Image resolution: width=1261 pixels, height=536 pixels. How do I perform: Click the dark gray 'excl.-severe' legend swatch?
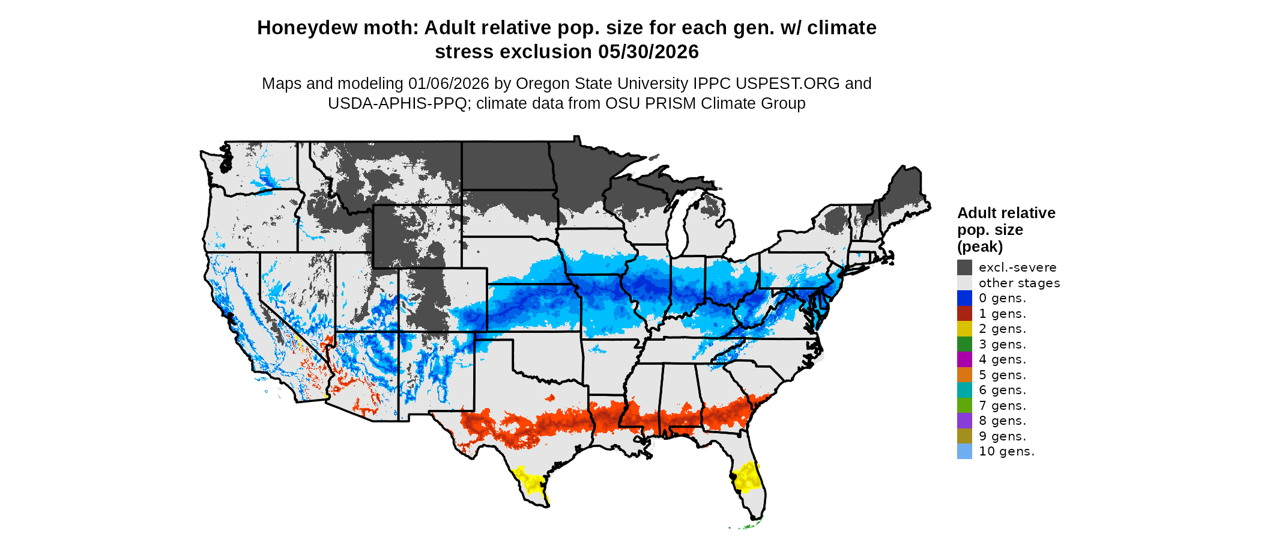964,267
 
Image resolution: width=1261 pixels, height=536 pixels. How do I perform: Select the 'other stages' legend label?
1019,283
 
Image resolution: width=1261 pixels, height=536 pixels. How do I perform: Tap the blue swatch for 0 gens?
964,298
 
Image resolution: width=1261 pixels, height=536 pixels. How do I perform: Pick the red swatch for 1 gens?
964,314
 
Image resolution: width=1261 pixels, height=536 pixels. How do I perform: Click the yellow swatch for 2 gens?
964,329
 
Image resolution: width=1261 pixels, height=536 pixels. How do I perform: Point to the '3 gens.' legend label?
1002,344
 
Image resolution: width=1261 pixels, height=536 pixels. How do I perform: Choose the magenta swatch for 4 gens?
964,359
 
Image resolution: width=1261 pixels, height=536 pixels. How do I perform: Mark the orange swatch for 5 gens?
964,375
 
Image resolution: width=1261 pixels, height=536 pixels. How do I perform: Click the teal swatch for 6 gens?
964,390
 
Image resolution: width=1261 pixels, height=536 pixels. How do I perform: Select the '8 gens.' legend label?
1002,421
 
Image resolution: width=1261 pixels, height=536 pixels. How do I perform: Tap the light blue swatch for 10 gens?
964,451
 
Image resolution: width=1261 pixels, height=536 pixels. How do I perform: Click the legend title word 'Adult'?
976,213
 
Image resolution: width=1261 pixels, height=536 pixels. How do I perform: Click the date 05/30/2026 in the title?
649,52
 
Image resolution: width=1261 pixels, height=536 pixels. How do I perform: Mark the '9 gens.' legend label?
1002,436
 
